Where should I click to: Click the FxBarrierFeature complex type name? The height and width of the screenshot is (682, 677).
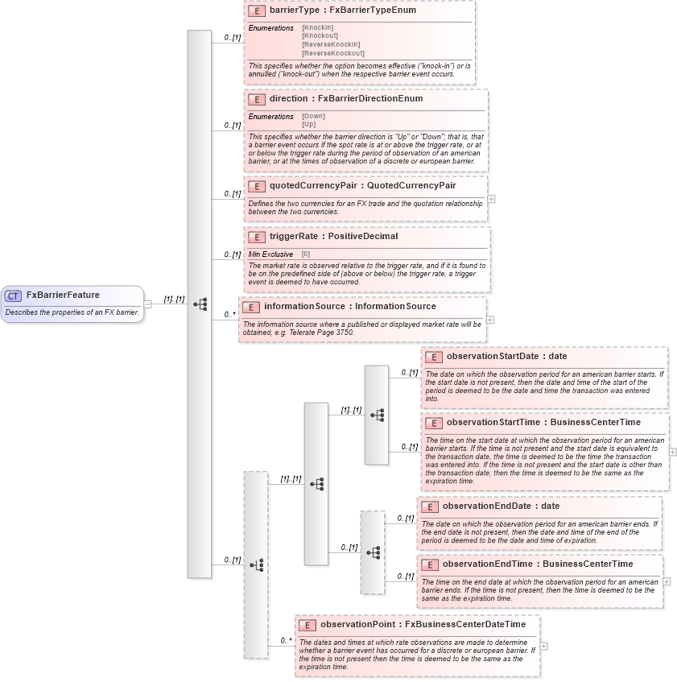[63, 296]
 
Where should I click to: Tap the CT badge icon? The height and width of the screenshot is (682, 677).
[14, 296]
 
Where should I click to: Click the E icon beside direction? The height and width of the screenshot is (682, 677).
[257, 99]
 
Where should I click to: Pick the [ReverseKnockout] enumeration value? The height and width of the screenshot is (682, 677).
[333, 53]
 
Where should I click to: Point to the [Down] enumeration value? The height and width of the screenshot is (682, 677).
[313, 116]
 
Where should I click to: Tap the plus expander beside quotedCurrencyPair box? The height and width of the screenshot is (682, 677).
[491, 199]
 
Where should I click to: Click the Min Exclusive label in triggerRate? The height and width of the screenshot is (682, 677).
[270, 254]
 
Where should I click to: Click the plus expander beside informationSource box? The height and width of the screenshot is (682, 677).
[490, 320]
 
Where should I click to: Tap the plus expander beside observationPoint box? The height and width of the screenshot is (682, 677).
[544, 646]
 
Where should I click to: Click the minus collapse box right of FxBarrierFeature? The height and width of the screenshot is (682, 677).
[147, 304]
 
